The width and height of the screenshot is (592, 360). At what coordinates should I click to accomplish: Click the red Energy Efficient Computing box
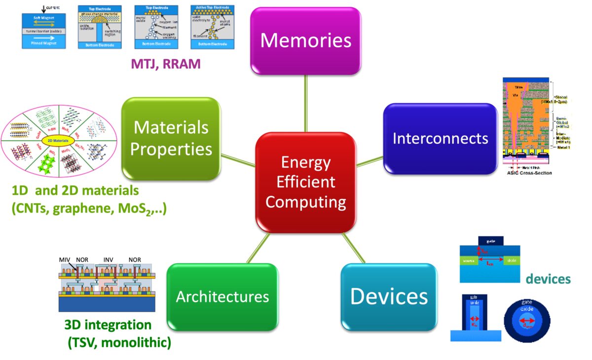point(305,182)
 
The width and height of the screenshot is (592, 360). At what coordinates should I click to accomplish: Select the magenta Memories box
point(305,40)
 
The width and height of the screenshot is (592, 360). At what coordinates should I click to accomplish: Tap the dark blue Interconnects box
point(440,139)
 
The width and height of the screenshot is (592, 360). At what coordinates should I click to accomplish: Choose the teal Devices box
point(389,296)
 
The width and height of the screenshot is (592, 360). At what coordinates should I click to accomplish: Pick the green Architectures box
point(222,297)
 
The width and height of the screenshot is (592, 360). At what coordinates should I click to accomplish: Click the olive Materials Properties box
point(171,138)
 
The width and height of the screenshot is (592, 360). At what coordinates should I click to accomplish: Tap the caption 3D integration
point(108,325)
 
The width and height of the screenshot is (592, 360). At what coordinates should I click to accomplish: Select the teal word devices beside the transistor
point(548,279)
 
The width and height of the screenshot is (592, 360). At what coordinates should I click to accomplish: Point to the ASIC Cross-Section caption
point(526,173)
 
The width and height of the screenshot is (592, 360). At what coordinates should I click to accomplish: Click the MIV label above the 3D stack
point(65,259)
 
